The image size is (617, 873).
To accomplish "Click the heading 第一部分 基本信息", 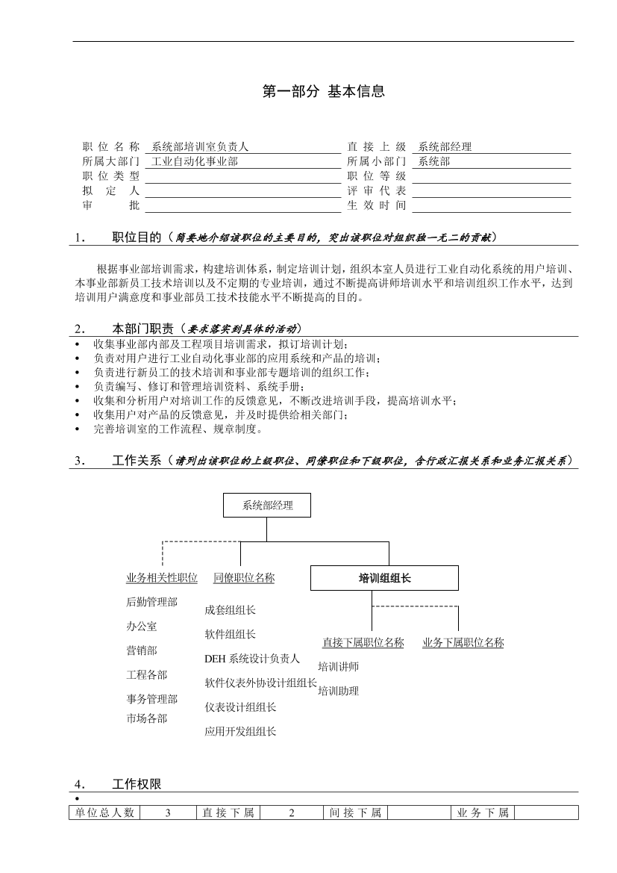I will pyautogui.click(x=324, y=92).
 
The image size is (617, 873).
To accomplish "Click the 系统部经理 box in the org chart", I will pyautogui.click(x=267, y=506).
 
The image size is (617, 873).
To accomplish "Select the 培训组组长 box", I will pyautogui.click(x=384, y=578).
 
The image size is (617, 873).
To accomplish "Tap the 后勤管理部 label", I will pyautogui.click(x=152, y=602).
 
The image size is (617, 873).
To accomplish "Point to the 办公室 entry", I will pyautogui.click(x=142, y=627).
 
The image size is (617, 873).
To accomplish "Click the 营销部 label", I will pyautogui.click(x=142, y=650).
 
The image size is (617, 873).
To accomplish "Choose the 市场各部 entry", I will pyautogui.click(x=147, y=718).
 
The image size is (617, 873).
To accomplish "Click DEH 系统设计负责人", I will pyautogui.click(x=252, y=659).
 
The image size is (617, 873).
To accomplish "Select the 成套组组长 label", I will pyautogui.click(x=230, y=610).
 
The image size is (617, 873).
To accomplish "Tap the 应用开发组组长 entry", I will pyautogui.click(x=240, y=731).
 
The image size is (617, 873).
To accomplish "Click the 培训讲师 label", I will pyautogui.click(x=338, y=667).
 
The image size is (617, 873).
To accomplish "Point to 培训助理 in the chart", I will pyautogui.click(x=338, y=691).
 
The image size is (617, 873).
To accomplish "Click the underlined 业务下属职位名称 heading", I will pyautogui.click(x=463, y=642).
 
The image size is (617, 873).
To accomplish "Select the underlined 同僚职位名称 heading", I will pyautogui.click(x=244, y=577).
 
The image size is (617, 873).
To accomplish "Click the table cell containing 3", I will pyautogui.click(x=169, y=813).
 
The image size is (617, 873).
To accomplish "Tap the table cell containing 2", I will pyautogui.click(x=292, y=813).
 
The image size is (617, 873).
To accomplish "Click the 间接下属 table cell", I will pyautogui.click(x=355, y=813).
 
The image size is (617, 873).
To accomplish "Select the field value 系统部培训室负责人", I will pyautogui.click(x=200, y=147).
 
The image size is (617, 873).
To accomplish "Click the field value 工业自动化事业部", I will pyautogui.click(x=195, y=161).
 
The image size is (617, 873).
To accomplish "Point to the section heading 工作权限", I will pyautogui.click(x=137, y=784).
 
